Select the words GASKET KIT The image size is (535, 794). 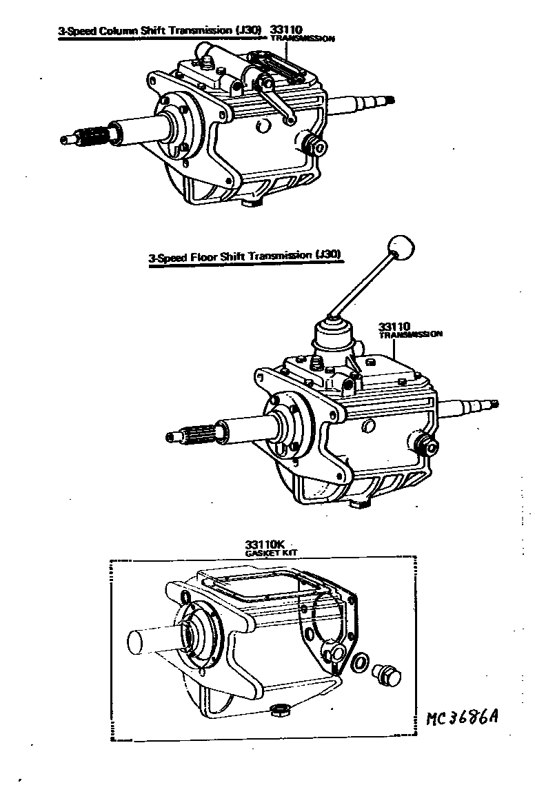[x=263, y=553]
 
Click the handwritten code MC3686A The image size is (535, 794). [x=461, y=718]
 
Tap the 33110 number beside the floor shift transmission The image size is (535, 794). [x=394, y=325]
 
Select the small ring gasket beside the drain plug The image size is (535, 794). [x=360, y=663]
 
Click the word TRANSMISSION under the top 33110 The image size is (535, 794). [x=301, y=39]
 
